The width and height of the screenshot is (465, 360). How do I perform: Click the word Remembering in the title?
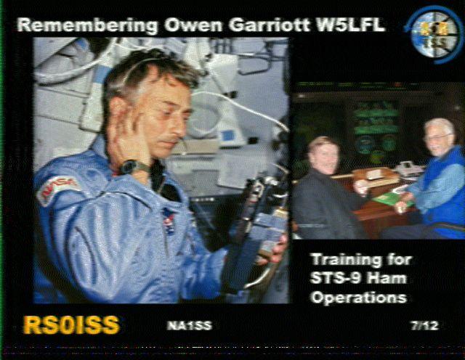click(88, 25)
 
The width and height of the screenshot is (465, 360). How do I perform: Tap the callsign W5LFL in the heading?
click(350, 25)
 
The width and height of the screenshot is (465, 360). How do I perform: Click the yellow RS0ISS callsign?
click(71, 325)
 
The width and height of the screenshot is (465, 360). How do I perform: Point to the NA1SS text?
click(190, 326)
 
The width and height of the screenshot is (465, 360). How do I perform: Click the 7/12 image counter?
click(424, 326)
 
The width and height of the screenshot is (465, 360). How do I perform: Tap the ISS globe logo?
click(433, 35)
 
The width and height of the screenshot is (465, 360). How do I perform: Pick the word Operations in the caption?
click(359, 298)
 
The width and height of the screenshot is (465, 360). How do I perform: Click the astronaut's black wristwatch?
click(132, 167)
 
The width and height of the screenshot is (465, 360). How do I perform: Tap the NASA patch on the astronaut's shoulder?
click(57, 189)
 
